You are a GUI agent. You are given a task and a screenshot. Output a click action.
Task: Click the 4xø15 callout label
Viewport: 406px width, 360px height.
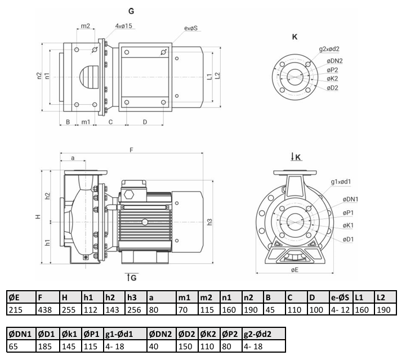[x=124, y=26]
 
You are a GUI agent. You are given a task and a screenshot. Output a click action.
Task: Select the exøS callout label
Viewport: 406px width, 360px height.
[x=191, y=28]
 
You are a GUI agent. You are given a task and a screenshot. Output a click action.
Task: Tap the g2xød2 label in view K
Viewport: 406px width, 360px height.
[x=329, y=48]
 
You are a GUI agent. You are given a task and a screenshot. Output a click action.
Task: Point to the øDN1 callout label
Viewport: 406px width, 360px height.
[x=350, y=199]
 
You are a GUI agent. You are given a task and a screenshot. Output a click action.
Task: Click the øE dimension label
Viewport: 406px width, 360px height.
[x=295, y=270]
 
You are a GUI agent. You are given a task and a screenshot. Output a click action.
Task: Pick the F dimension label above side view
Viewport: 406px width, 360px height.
[x=131, y=150]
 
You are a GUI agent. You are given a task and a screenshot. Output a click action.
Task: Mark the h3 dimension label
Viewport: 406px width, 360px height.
[x=209, y=222]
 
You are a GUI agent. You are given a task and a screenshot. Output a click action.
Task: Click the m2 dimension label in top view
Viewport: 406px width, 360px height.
[x=86, y=26]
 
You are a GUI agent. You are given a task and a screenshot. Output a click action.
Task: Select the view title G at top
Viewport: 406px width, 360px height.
[x=131, y=11]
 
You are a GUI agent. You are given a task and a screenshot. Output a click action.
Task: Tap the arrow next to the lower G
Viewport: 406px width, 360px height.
[x=128, y=277]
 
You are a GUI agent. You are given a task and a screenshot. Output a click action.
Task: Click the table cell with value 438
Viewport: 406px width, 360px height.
[x=45, y=310]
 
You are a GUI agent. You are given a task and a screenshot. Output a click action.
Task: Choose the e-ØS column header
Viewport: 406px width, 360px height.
[x=340, y=297]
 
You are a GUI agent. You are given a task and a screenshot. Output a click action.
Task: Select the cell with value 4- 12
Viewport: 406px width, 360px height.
[x=340, y=310]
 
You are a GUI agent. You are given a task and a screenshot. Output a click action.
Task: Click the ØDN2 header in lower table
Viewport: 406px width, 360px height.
[x=160, y=334]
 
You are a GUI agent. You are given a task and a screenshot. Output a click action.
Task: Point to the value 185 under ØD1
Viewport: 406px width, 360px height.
[x=45, y=346]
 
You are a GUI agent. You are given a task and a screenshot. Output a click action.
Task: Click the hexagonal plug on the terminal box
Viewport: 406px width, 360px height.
[x=129, y=194]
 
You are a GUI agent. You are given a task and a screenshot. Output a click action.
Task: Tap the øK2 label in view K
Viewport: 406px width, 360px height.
[x=332, y=78]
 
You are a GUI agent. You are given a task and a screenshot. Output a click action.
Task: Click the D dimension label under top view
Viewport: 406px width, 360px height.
[x=145, y=122]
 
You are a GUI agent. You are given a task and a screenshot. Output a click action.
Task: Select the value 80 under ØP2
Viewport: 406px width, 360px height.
[x=226, y=346]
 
